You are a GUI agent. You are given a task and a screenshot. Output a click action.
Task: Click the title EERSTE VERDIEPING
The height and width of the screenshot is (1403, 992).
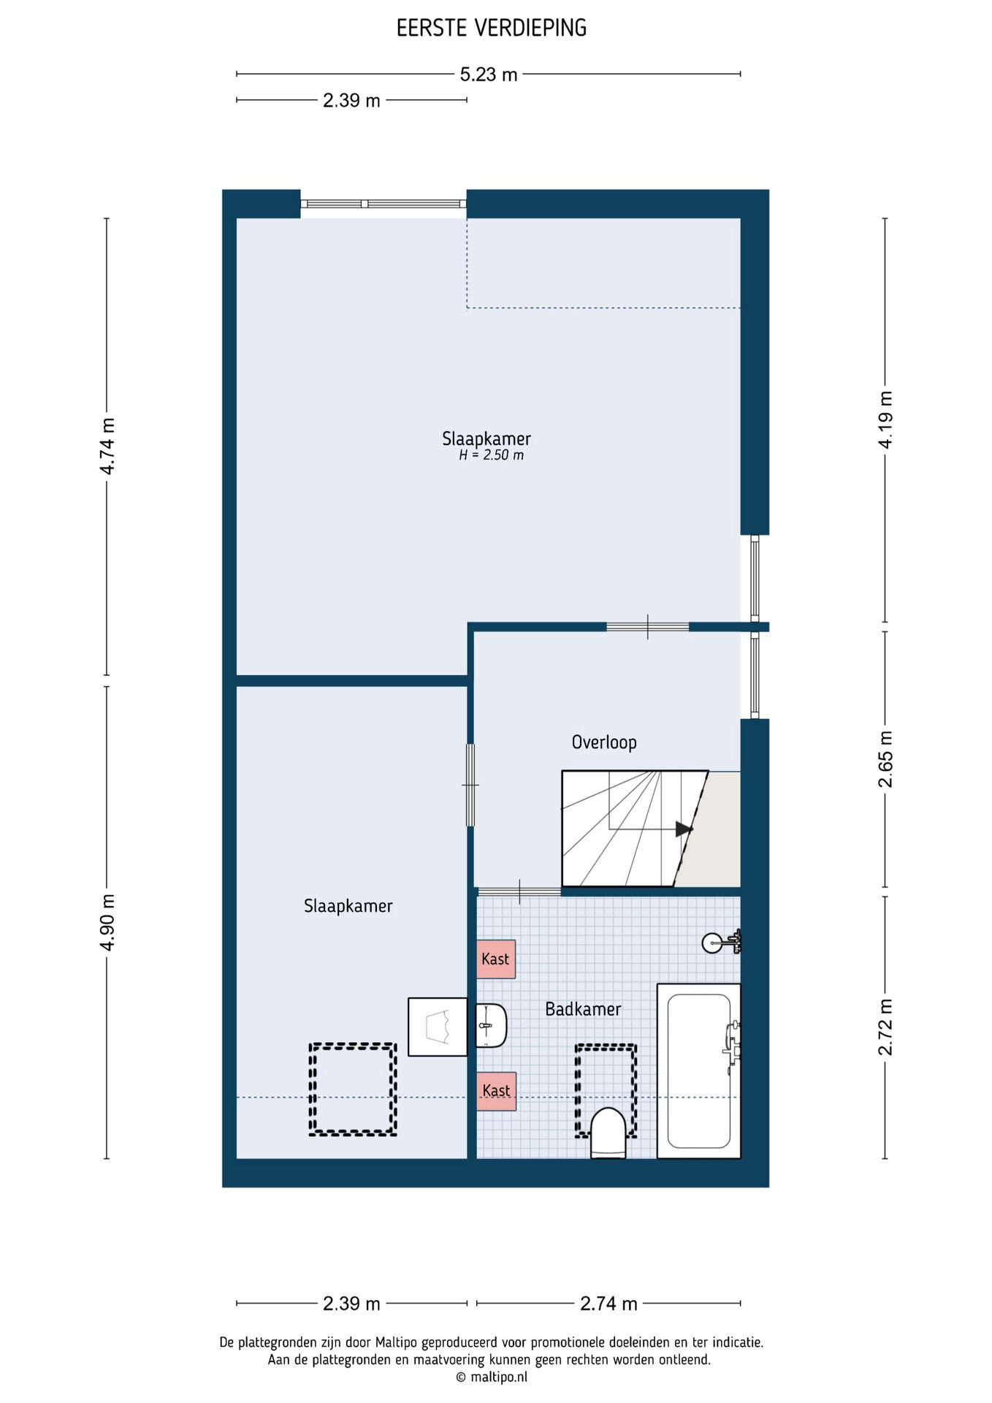492,28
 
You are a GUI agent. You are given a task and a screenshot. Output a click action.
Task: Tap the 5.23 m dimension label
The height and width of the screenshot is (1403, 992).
489,75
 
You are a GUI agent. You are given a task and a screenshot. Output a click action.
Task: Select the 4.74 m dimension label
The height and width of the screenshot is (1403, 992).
107,446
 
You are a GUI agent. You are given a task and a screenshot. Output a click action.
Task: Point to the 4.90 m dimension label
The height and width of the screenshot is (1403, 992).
107,922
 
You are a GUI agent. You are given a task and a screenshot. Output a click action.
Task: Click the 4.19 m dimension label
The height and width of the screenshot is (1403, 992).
885,420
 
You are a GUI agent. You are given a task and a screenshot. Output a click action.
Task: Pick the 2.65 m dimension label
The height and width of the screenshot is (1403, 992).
885,759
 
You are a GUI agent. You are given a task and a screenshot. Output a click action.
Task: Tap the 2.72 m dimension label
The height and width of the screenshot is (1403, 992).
885,1027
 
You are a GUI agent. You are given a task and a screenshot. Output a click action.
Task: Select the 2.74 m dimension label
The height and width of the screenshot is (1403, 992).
608,1304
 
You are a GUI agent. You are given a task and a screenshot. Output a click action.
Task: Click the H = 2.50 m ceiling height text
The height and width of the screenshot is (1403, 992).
491,455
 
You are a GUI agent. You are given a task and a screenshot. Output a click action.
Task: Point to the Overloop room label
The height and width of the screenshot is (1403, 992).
604,742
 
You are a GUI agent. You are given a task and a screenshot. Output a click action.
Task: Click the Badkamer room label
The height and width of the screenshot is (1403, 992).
583,1009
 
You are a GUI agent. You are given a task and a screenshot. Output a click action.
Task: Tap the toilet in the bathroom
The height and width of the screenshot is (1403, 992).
608,1133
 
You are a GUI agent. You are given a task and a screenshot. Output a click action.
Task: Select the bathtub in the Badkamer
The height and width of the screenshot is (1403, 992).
699,1071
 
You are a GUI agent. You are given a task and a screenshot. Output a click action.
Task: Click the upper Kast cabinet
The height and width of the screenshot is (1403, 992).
496,959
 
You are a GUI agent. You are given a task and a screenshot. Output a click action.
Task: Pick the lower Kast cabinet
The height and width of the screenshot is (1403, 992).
497,1091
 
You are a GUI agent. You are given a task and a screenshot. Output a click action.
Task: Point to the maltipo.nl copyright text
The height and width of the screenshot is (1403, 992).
492,1377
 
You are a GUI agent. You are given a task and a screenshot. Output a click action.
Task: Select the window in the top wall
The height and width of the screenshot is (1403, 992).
384,204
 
